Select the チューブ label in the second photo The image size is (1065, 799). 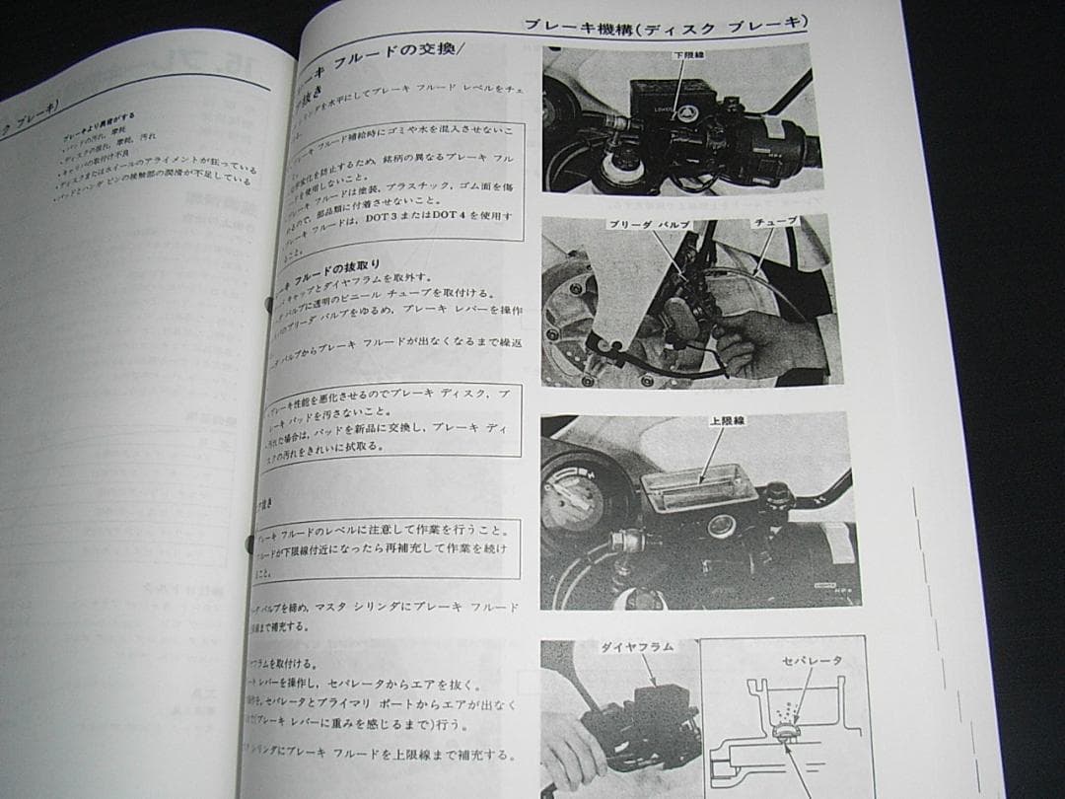775,224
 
